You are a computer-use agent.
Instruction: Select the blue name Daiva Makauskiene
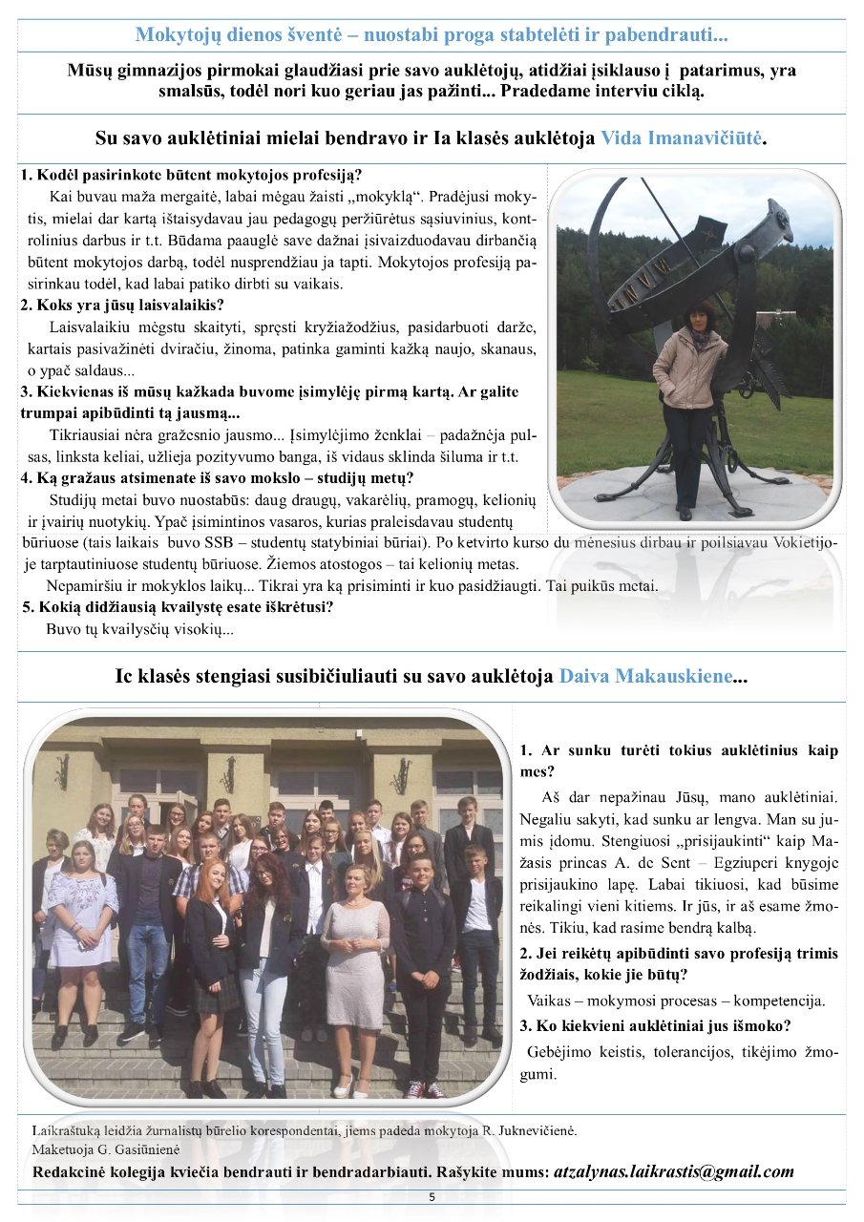646,677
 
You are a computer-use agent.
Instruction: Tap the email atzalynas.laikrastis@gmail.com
674,1171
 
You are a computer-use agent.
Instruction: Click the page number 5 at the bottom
432,1197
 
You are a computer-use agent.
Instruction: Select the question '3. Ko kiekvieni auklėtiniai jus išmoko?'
655,1026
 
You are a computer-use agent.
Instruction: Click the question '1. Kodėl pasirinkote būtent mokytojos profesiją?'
191,176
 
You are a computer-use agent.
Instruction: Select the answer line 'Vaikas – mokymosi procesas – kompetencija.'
675,1001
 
